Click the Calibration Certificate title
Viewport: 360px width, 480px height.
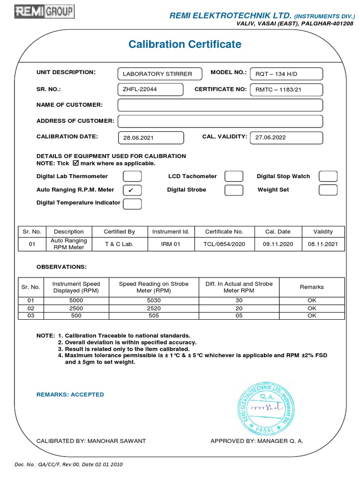[x=185, y=45]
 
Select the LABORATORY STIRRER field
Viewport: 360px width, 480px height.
[x=160, y=74]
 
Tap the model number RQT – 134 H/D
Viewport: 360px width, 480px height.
[x=286, y=74]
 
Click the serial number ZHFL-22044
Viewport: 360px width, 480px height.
[x=150, y=90]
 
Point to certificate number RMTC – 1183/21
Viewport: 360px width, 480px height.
[x=286, y=90]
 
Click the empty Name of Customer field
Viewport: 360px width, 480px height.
[x=220, y=105]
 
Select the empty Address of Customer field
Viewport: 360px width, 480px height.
[x=220, y=121]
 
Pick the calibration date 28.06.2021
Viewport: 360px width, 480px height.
[x=150, y=138]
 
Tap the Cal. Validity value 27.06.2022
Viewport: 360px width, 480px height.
[x=286, y=138]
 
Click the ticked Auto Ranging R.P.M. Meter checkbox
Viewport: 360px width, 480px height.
[x=132, y=190]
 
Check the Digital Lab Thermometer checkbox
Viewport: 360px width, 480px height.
[x=132, y=177]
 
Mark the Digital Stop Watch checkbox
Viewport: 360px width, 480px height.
[x=328, y=177]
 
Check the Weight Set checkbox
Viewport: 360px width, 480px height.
[x=328, y=190]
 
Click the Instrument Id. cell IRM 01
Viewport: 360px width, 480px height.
[x=171, y=244]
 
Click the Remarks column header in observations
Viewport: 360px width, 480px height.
[x=312, y=287]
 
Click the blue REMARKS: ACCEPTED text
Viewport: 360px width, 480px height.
[x=70, y=395]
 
